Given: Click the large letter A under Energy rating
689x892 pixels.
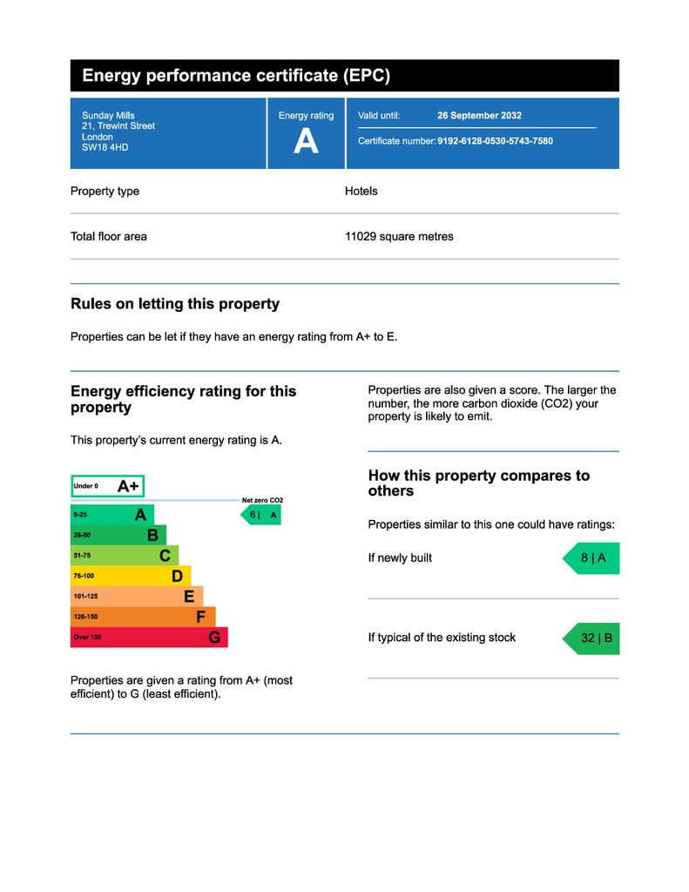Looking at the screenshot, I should pos(306,141).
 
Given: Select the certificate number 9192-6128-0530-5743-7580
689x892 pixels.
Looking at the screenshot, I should pos(495,141).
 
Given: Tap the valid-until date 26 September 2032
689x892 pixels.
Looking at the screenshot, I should pos(479,115).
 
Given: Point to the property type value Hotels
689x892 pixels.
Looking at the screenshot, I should pos(361,191).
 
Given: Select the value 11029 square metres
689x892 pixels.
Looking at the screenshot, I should pos(399,236).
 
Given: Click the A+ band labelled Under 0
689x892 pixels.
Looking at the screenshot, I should pos(107,486).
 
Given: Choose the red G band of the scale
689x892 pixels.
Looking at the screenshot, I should pos(148,638).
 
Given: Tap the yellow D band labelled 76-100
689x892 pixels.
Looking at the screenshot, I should pos(130,576).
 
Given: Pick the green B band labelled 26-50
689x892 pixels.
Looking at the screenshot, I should pos(118,535).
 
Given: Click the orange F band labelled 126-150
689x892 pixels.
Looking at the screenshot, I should pos(142,617).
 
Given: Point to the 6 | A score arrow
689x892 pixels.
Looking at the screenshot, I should pos(261,515).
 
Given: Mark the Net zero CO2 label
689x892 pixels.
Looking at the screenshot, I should pos(262,500).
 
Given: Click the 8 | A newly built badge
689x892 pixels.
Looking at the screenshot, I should pos(592,558).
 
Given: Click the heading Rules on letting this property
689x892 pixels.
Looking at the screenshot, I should pos(175,304).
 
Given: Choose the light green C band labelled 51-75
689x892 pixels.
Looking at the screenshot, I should pos(124,555).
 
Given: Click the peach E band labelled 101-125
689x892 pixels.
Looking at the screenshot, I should pos(136,597).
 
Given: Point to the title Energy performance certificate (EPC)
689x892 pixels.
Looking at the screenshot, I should pos(236,76).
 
